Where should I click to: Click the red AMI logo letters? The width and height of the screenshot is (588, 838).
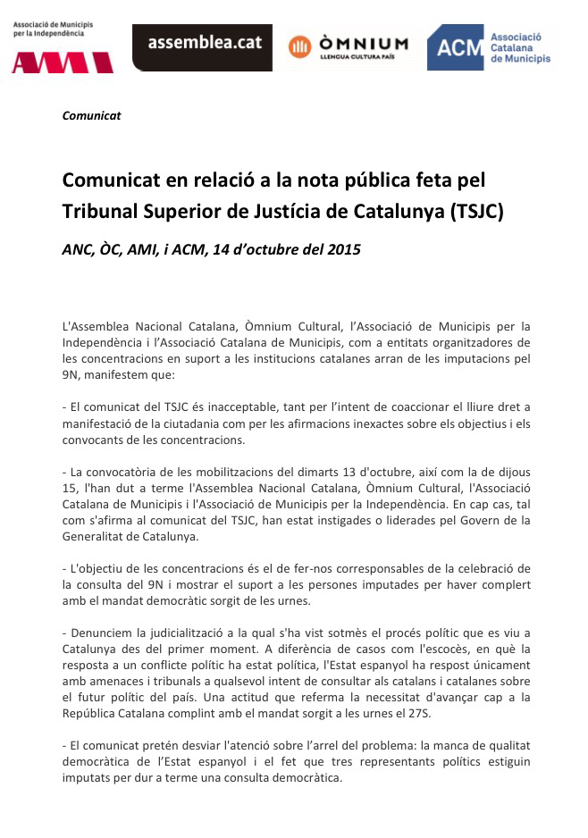click(x=62, y=62)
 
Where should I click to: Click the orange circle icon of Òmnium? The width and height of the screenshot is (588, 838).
click(x=300, y=46)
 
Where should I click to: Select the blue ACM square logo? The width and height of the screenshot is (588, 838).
click(x=455, y=47)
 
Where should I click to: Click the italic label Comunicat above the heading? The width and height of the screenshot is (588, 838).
click(x=92, y=115)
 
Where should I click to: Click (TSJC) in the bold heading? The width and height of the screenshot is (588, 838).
click(x=478, y=212)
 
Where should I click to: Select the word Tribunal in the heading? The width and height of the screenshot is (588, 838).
click(x=98, y=212)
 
